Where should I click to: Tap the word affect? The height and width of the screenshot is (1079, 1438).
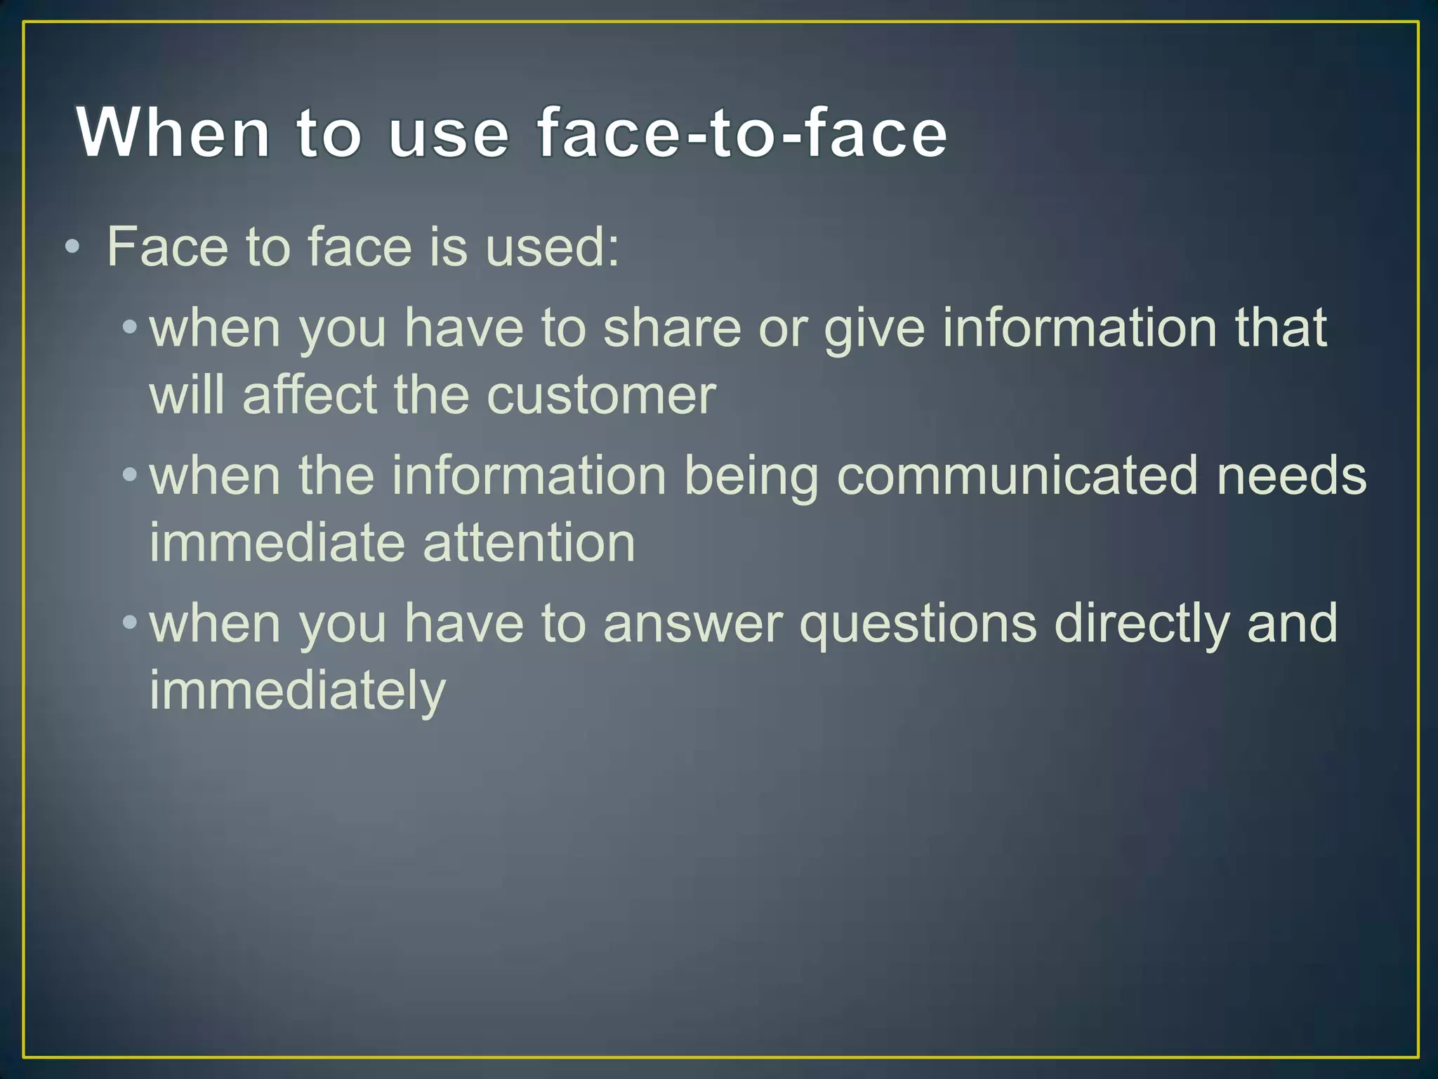[x=309, y=395]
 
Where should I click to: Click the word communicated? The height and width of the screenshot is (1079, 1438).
[x=1017, y=476]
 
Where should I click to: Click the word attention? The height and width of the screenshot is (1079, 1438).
[x=529, y=543]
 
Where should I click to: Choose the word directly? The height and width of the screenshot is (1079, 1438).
[x=1142, y=624]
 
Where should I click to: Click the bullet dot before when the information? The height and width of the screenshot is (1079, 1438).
[x=129, y=475]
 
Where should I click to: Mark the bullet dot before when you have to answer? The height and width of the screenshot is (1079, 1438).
[x=129, y=622]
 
